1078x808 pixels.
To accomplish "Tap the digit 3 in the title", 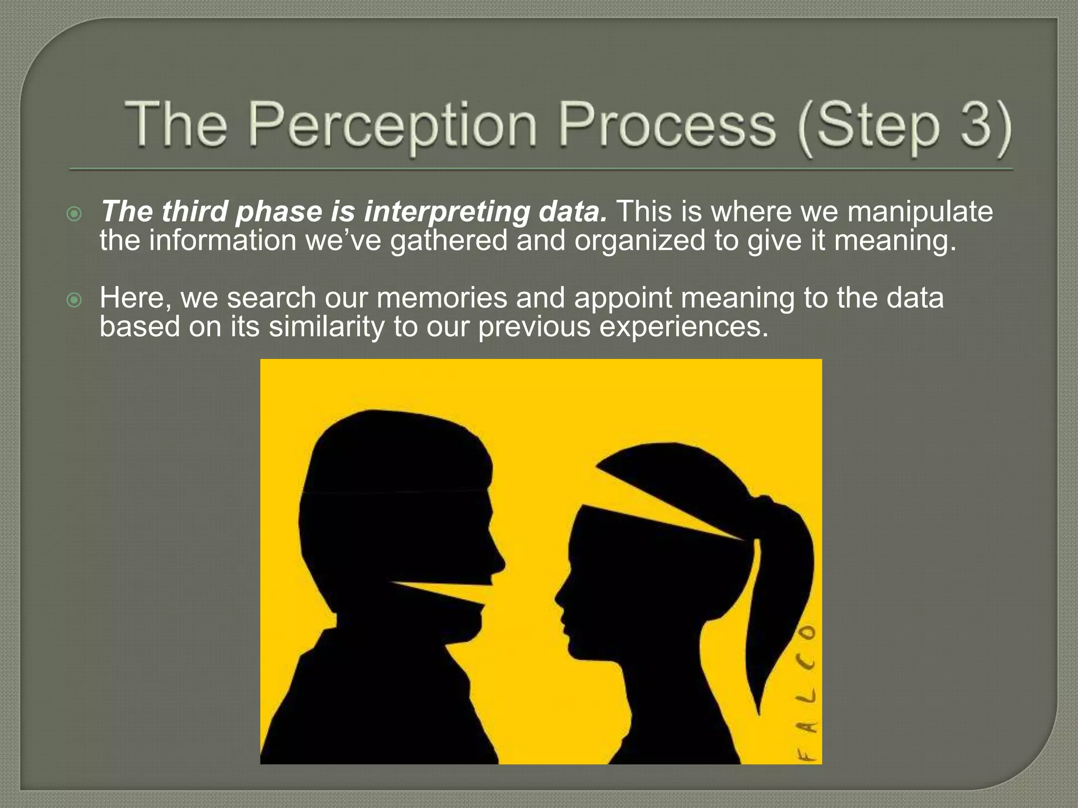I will tap(978, 125).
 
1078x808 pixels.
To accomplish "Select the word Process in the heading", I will tap(666, 125).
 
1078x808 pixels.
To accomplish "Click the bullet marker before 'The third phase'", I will tap(75, 214).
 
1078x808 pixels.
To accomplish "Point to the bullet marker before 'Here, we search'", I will tap(75, 300).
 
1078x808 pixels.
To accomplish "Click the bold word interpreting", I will tap(447, 212).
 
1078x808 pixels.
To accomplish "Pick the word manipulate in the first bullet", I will tap(920, 212).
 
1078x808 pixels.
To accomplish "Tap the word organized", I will tap(639, 241).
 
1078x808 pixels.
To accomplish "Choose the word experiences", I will tap(684, 327).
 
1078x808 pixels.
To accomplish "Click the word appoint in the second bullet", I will tap(623, 298).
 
